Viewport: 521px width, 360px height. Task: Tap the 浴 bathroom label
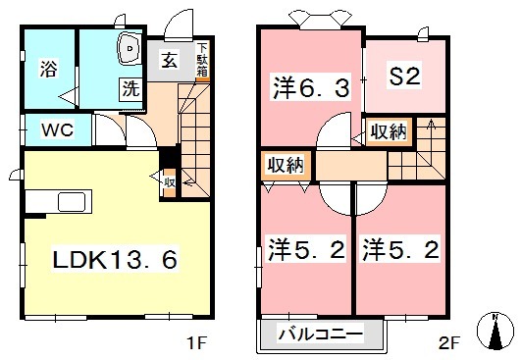point(47,69)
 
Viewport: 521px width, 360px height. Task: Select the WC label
point(55,129)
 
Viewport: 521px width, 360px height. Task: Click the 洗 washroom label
point(129,86)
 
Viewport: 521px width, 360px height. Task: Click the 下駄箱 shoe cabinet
point(202,59)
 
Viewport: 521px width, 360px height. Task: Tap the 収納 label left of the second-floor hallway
point(286,166)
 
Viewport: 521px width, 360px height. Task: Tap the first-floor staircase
point(192,132)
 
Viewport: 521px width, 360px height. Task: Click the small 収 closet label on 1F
point(169,180)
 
